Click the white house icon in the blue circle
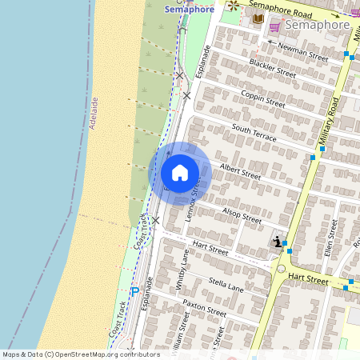(180, 173)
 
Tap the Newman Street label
(302, 52)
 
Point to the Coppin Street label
(262, 98)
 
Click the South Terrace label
(254, 133)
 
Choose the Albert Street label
(240, 171)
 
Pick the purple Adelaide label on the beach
(94, 113)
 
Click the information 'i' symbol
(277, 242)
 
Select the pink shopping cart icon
(274, 26)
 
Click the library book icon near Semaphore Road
(258, 18)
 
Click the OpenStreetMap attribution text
(82, 354)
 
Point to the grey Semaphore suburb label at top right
(318, 25)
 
